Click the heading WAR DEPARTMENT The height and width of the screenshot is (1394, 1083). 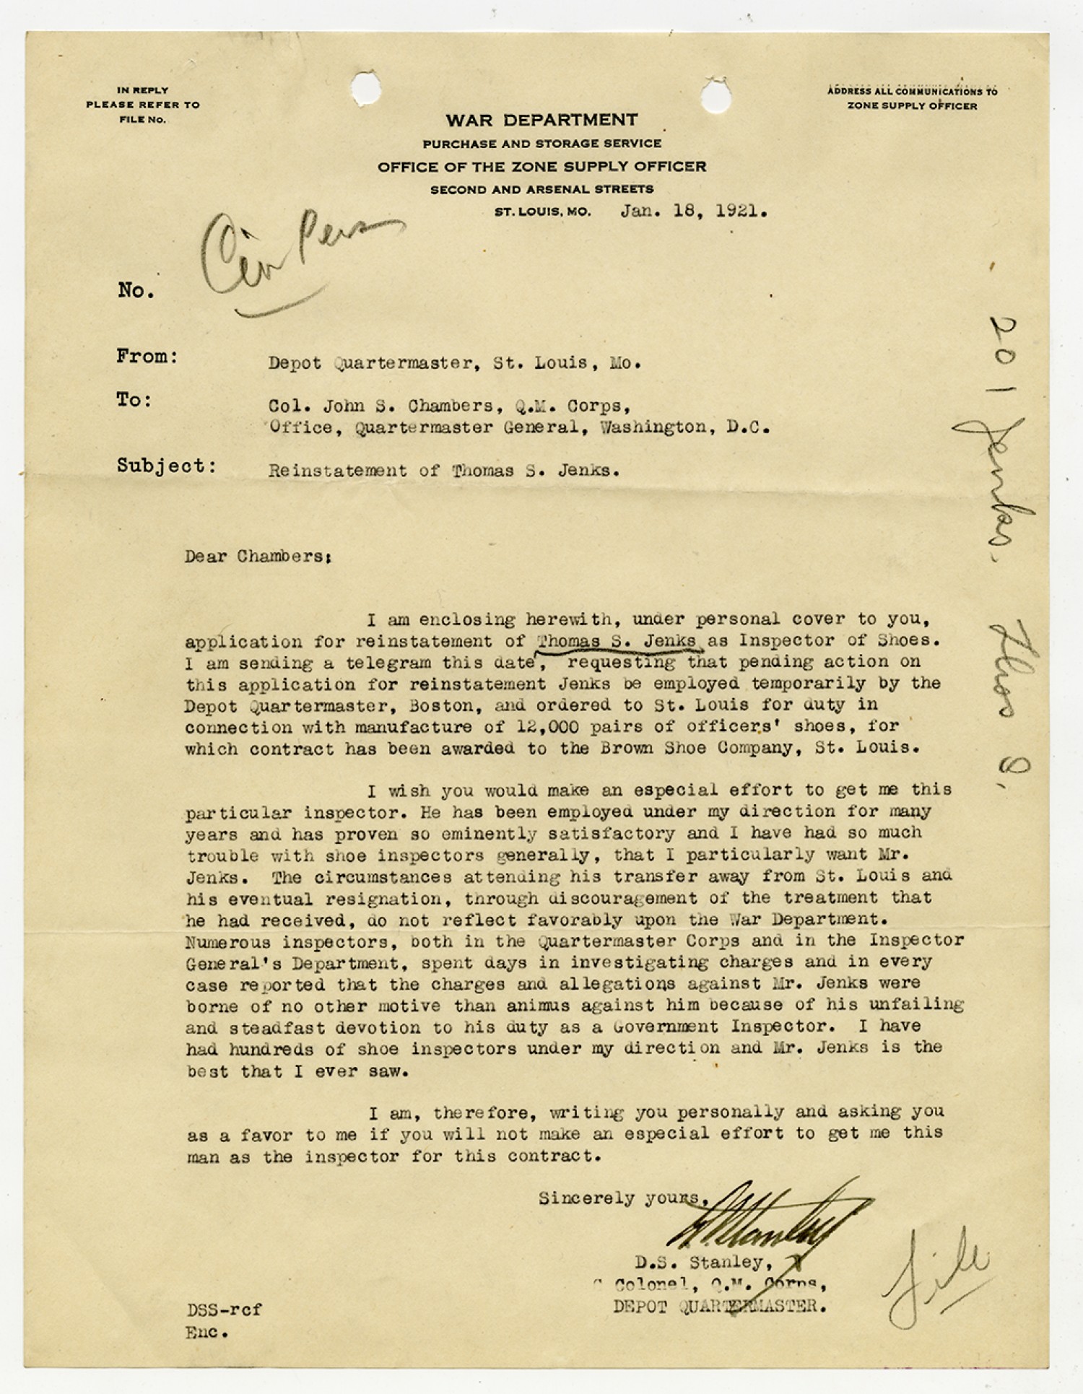tap(541, 120)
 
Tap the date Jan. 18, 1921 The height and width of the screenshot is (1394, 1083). tap(693, 212)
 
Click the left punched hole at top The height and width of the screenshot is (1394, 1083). tap(366, 89)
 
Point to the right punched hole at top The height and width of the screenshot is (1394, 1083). tap(716, 94)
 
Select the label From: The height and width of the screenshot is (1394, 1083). tap(147, 357)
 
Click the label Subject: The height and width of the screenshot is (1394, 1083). tap(167, 466)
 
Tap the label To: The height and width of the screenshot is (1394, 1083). tap(134, 400)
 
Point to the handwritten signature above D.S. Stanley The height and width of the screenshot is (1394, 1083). tap(765, 1219)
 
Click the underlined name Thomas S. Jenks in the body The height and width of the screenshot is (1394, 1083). tap(617, 640)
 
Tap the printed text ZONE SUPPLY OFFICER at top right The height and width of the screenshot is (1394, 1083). tap(912, 106)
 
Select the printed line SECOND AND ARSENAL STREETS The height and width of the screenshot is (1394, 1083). tap(541, 190)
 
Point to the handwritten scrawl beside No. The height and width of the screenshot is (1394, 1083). tap(289, 260)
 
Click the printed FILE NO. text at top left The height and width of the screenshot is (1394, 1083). tap(142, 120)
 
